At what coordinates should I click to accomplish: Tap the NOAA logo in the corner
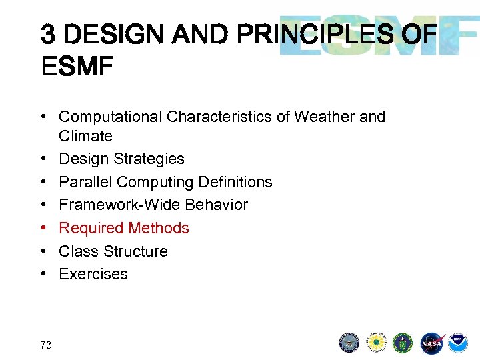[458, 343]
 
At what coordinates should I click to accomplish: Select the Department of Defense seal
[349, 343]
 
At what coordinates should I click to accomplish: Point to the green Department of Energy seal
[403, 343]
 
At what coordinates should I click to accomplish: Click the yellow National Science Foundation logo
[376, 343]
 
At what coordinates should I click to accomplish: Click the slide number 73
[46, 345]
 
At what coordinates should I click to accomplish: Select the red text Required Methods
[124, 228]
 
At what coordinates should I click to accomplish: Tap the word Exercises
[93, 274]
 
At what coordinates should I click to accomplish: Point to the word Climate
[85, 136]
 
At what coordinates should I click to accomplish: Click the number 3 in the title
[47, 33]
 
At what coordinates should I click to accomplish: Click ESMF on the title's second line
[77, 67]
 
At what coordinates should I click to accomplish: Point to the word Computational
[111, 117]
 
